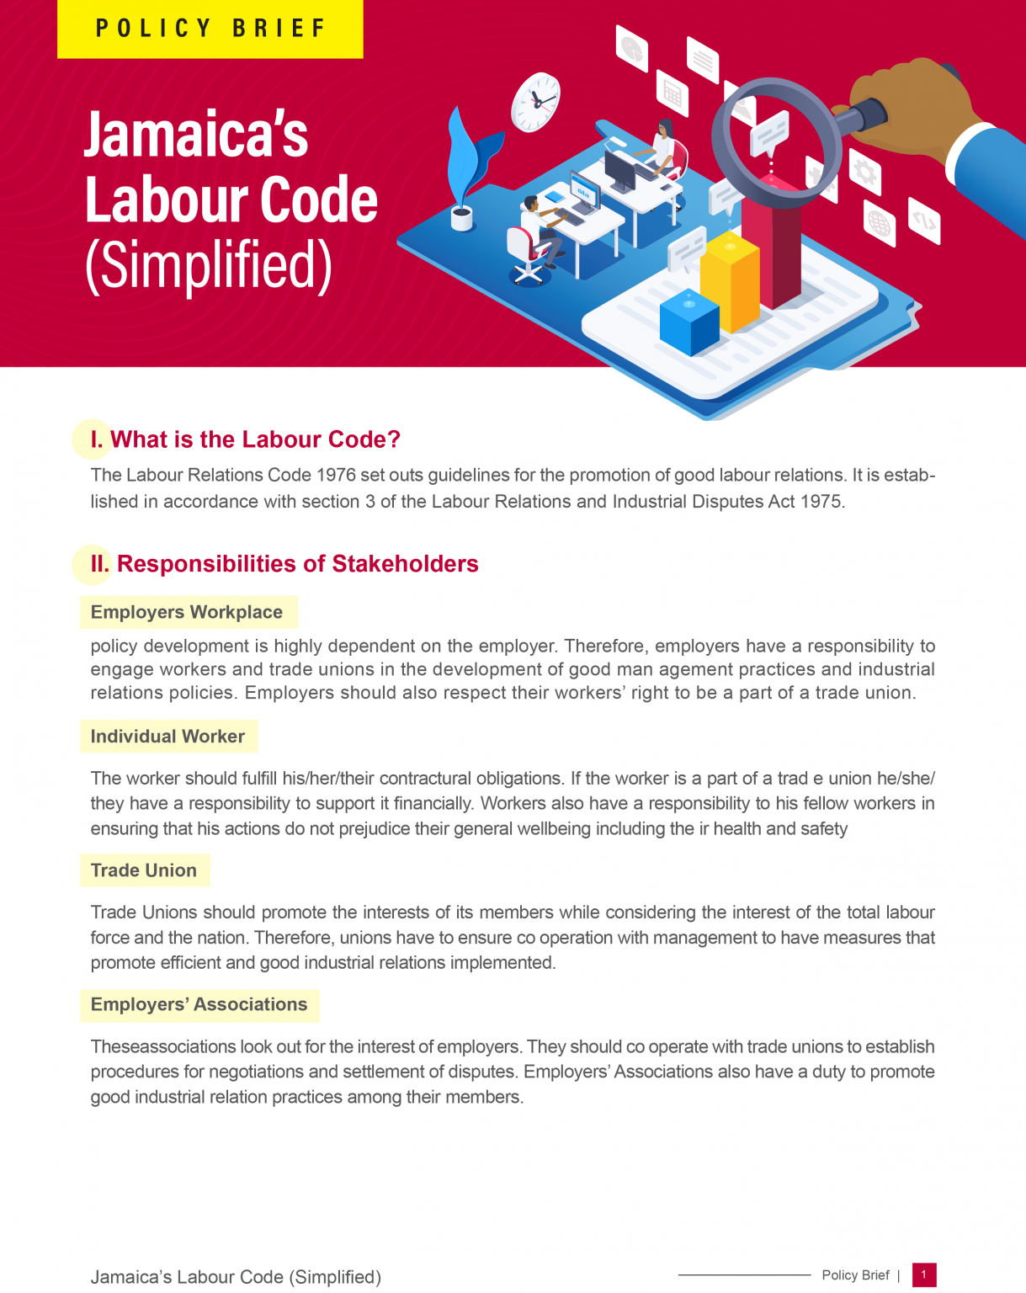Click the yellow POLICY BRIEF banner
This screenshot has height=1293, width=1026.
[x=210, y=29]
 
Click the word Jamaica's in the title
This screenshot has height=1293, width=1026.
[x=196, y=135]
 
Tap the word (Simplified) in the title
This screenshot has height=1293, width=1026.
[x=209, y=265]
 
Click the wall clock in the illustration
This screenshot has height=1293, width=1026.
[x=535, y=102]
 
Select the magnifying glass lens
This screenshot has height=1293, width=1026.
[x=775, y=140]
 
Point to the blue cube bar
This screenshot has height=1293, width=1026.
[x=689, y=322]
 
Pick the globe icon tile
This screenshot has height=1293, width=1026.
[x=879, y=224]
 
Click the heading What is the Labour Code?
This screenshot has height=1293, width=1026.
[x=255, y=439]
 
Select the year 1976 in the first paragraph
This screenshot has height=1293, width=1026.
[x=336, y=475]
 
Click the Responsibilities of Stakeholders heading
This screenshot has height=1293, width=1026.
[x=297, y=564]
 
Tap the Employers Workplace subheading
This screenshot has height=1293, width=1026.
[x=187, y=612]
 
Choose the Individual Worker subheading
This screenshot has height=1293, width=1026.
[x=167, y=737]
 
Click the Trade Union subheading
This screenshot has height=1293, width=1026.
[x=144, y=870]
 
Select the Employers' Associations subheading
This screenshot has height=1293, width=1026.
[x=199, y=1004]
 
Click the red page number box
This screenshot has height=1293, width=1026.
[x=923, y=1274]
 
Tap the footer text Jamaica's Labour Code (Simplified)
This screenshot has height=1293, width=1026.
[x=236, y=1277]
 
